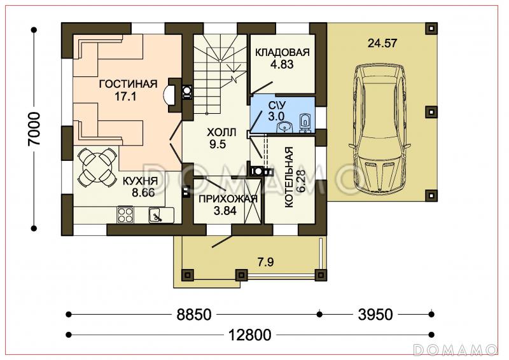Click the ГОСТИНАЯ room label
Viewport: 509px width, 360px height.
[x=129, y=84]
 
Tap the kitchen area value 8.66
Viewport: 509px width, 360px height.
[x=143, y=193]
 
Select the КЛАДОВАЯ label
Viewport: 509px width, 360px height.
[x=282, y=52]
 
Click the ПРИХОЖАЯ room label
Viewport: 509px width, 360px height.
[x=228, y=198]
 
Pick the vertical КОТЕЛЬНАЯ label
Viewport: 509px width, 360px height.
[x=289, y=177]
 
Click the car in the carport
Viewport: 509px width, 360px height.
[x=379, y=128]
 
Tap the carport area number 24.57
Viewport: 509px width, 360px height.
[x=382, y=43]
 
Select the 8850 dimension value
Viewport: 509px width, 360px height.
[x=194, y=314]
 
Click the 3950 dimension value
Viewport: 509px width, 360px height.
[x=375, y=314]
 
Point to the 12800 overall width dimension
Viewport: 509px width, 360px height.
[x=250, y=335]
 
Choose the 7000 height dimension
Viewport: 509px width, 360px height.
[x=34, y=128]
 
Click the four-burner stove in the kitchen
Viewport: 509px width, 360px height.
[x=125, y=215]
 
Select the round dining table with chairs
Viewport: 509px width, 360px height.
[x=97, y=167]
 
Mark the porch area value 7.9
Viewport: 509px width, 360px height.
[x=265, y=261]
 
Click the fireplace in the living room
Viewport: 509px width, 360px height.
[x=172, y=95]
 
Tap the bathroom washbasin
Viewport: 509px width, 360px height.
[x=284, y=127]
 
